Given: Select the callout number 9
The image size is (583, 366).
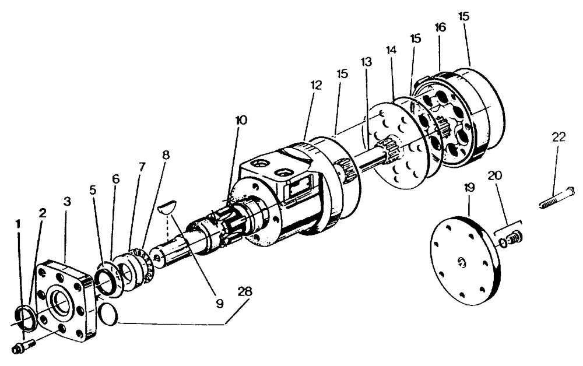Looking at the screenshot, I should [219, 303].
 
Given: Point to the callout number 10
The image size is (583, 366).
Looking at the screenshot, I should [241, 121].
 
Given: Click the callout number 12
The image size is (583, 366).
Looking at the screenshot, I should [316, 85].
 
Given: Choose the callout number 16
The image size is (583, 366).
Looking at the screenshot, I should [440, 28].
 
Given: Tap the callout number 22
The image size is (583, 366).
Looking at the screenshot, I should [559, 138].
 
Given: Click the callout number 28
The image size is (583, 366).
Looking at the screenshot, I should [245, 291].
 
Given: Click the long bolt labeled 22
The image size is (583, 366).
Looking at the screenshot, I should [556, 198].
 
